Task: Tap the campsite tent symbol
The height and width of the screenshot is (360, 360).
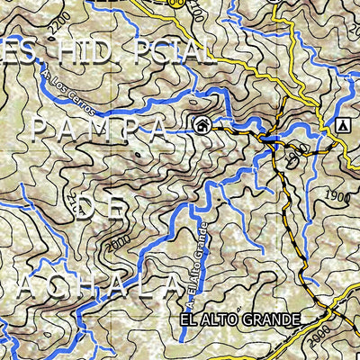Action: pyautogui.click(x=342, y=127)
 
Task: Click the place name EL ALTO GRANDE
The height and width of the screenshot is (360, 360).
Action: pyautogui.click(x=238, y=319)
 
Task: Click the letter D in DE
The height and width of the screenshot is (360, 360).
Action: pyautogui.click(x=86, y=209)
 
